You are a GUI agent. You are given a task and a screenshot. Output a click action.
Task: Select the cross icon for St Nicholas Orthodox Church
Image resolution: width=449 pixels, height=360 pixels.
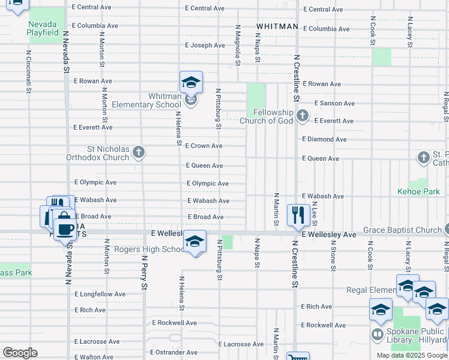pyautogui.click(x=139, y=152)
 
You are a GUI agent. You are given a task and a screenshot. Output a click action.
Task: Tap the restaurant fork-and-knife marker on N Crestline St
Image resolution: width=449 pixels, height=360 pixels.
pyautogui.click(x=298, y=214)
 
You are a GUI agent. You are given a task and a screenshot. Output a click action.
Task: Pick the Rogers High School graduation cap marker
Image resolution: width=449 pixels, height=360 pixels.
pyautogui.click(x=194, y=241)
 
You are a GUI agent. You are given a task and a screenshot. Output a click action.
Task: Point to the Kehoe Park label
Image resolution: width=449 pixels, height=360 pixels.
pyautogui.click(x=418, y=192)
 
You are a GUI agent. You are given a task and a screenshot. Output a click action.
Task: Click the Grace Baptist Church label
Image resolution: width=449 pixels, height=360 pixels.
pyautogui.click(x=402, y=230)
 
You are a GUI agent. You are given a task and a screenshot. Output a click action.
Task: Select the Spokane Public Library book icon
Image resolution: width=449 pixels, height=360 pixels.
pyautogui.click(x=378, y=334)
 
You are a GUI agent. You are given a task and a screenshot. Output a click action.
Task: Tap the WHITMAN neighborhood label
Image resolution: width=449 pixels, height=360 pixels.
pyautogui.click(x=277, y=27)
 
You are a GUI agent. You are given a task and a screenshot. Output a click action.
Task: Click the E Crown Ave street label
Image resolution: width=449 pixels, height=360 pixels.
pyautogui.click(x=204, y=146)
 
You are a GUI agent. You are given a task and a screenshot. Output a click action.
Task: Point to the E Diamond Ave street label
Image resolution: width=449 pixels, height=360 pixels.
pyautogui.click(x=324, y=139)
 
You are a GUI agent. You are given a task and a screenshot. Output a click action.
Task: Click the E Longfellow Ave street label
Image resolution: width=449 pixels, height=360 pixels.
pyautogui.click(x=100, y=294)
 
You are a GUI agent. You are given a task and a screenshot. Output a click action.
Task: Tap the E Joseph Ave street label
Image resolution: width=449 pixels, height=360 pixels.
pyautogui.click(x=205, y=45)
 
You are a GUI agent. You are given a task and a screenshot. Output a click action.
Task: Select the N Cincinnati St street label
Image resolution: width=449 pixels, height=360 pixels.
pyautogui.click(x=28, y=71)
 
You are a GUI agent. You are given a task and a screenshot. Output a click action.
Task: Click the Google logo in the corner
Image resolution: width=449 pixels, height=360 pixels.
pyautogui.click(x=20, y=353)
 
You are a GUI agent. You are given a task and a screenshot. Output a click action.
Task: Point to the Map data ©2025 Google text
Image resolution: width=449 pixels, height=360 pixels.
pyautogui.click(x=411, y=355)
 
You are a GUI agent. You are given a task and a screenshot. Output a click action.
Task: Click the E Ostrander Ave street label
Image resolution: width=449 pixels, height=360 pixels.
pyautogui.click(x=174, y=352)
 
